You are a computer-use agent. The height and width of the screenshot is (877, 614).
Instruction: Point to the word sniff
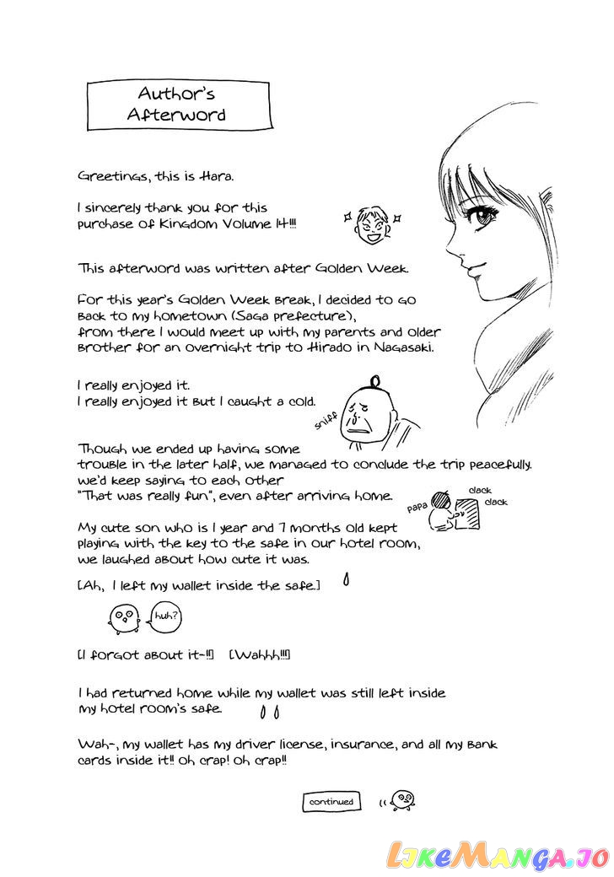point(324,425)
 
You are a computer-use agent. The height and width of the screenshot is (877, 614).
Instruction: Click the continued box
point(331,801)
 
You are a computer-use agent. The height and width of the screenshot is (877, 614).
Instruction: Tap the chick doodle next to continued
point(403,797)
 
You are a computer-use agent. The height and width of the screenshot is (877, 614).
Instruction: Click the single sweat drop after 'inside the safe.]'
point(346,581)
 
